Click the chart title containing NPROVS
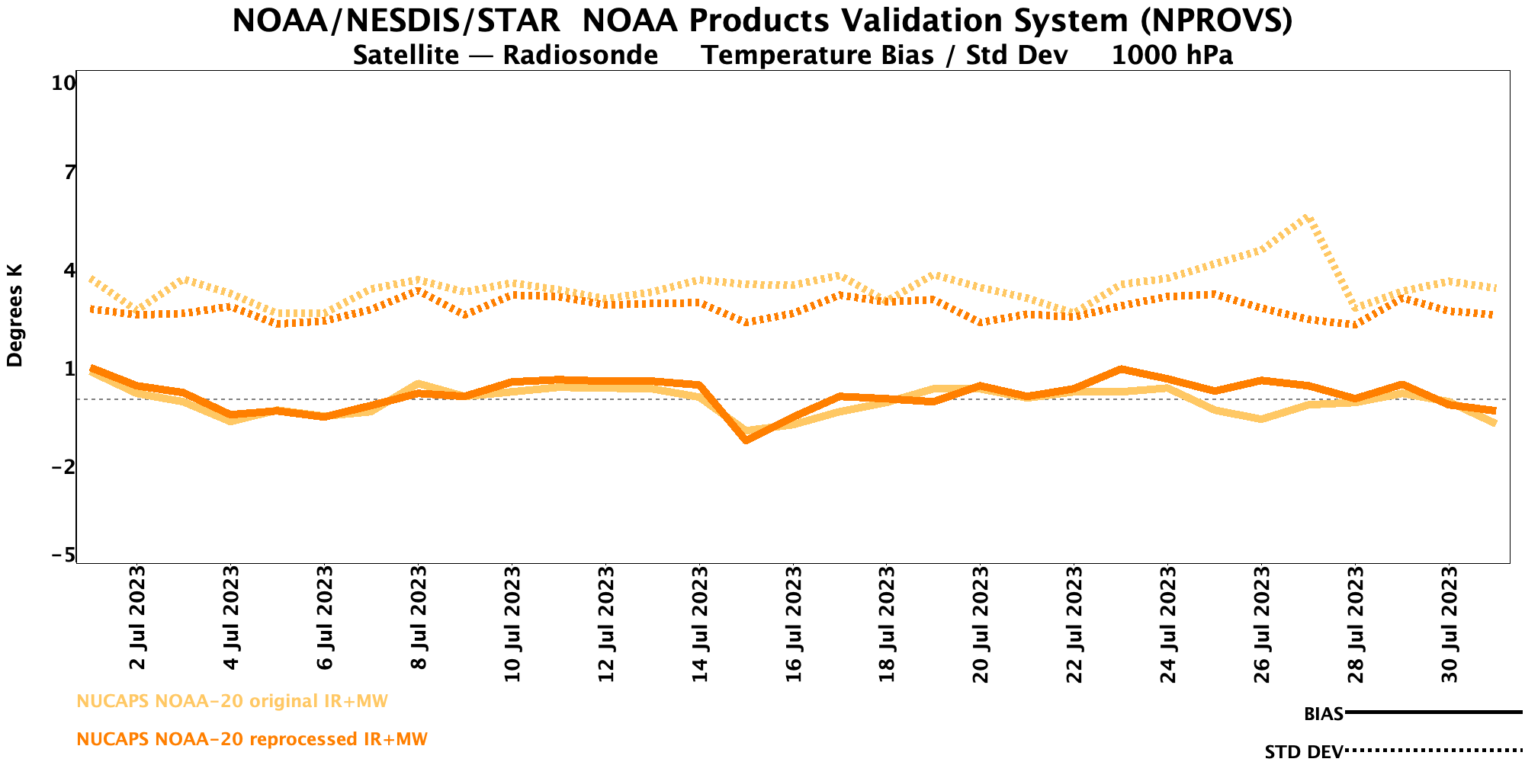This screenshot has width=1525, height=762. pos(762,21)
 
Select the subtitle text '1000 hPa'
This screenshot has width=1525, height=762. pos(1172,56)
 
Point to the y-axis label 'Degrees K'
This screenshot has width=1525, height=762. pos(15,315)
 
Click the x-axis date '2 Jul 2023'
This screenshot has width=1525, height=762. pos(137,618)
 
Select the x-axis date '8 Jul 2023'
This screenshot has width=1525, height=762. pos(418,618)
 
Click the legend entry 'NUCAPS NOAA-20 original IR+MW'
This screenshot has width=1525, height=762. pos(233,701)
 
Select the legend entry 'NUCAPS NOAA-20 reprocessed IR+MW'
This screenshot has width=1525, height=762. pos(252,739)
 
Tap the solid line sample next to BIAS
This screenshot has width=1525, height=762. pos(1433,712)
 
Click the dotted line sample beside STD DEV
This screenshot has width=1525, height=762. pos(1433,751)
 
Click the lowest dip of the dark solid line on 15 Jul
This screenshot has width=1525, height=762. pos(746,440)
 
